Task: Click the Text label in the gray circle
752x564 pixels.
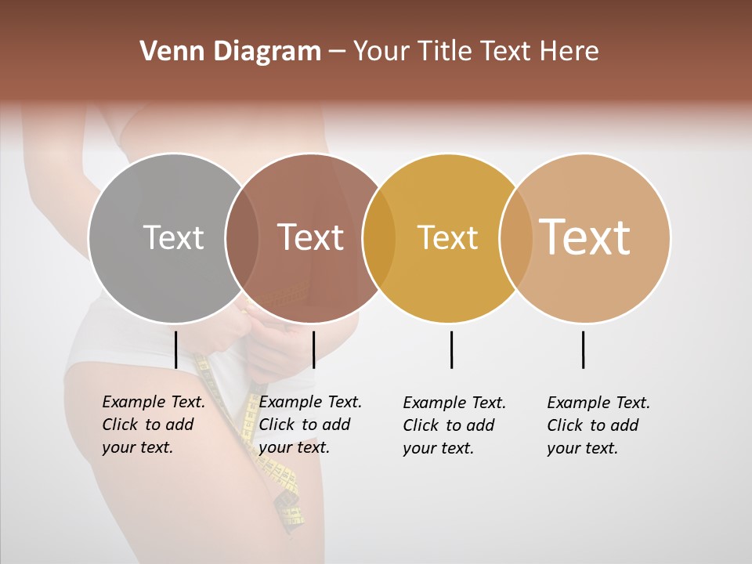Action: (173, 238)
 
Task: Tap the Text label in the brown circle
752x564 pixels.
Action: (310, 238)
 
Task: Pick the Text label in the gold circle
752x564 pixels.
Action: (447, 238)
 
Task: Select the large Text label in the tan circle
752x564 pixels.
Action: (585, 237)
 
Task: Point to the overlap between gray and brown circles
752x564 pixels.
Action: (242, 238)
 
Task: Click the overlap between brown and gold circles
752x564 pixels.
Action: (379, 238)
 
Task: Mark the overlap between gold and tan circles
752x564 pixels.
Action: (515, 238)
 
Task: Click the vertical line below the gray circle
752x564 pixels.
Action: (175, 349)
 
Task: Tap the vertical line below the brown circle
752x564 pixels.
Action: (313, 349)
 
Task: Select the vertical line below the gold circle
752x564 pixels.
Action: (451, 349)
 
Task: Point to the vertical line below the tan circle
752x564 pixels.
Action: (583, 349)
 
